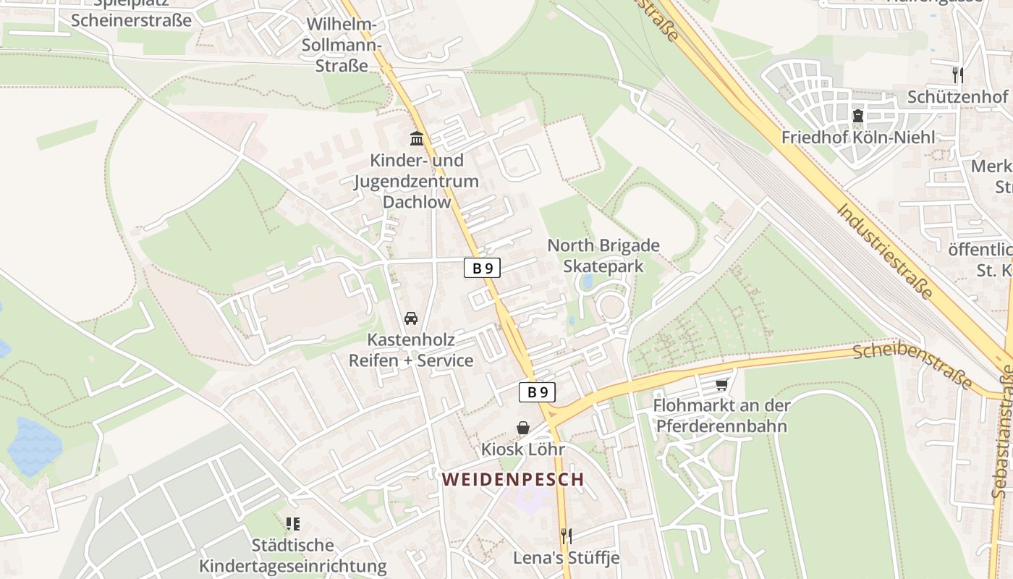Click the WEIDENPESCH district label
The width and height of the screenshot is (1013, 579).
coord(512,479)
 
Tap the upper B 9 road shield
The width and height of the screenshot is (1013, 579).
coord(482,269)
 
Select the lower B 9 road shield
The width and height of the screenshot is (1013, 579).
coord(537,392)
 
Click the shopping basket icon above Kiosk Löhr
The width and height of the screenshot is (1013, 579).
coord(523,428)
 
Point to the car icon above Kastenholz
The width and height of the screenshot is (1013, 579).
coord(411,318)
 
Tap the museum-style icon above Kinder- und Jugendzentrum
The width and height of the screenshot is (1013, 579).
coord(417,138)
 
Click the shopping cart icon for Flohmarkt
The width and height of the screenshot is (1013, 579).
coord(721,384)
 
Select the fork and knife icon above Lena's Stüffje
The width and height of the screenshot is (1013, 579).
coord(567,536)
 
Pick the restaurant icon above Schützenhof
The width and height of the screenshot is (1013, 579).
coord(958,75)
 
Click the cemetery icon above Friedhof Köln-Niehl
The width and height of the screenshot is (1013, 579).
coord(858,115)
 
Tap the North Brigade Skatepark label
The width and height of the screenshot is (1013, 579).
coord(603,255)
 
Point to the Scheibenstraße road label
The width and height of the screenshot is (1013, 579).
coord(912,365)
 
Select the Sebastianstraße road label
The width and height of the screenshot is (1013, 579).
coord(1003,434)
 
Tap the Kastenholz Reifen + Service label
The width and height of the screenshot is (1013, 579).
coord(411,350)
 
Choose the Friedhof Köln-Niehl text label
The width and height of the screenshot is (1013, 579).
coord(858,137)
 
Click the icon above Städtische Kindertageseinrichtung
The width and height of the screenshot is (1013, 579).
coord(293,523)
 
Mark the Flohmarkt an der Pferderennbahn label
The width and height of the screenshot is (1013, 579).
coord(721,415)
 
